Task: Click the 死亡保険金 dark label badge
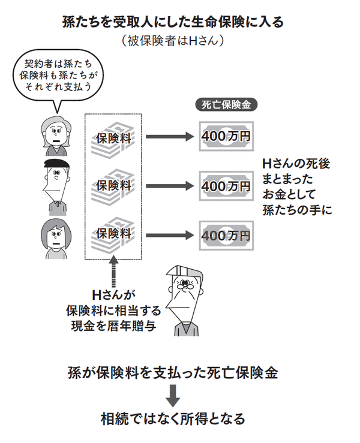227,103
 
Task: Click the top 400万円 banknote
226,137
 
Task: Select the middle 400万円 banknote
226,186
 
